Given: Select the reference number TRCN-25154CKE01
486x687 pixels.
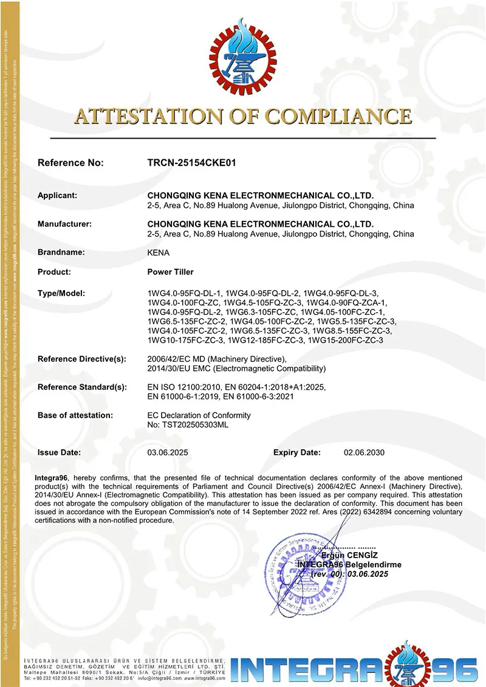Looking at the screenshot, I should click(x=191, y=163).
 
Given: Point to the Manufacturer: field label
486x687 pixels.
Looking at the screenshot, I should click(x=64, y=224).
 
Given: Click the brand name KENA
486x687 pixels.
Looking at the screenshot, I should click(x=159, y=252).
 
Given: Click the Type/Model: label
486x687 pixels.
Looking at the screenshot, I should click(x=61, y=294).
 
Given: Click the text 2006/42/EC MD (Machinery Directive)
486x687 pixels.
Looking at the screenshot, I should click(x=217, y=359).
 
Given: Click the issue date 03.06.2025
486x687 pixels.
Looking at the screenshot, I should click(x=166, y=452).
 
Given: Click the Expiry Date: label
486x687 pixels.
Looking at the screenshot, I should click(x=296, y=452).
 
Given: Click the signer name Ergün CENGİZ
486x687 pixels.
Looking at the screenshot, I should click(x=352, y=556).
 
